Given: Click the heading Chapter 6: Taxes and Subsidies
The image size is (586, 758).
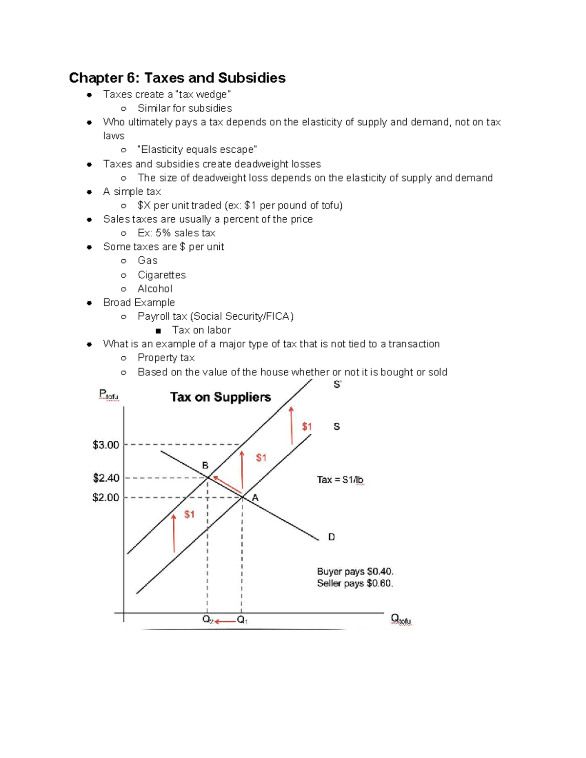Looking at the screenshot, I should coord(177,78).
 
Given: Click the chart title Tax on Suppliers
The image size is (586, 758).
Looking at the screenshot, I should coord(220,397).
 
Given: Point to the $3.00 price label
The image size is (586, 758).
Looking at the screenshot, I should coord(106,445).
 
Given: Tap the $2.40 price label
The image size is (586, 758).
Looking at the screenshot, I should coord(106,478).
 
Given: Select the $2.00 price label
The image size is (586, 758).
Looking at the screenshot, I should coord(106,498).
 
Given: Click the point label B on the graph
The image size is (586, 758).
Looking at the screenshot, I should coord(205,466).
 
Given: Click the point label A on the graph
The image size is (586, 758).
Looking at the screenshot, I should coord(255,498).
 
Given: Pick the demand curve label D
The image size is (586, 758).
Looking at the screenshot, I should coord(332,537).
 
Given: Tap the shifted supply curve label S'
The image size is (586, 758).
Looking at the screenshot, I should coord(337,385).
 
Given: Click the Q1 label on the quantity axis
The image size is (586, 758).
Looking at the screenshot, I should coord(242,620).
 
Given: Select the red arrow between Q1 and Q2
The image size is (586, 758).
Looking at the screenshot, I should coord(225,621).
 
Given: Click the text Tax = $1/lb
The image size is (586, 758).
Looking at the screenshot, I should coord(340,480).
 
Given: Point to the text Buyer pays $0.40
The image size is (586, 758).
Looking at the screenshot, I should coord(355,572).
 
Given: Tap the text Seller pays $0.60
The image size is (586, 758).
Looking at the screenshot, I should coord(355,584).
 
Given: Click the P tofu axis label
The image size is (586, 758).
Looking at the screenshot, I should coord(108,395).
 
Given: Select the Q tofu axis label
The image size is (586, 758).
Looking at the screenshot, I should coord(401,619).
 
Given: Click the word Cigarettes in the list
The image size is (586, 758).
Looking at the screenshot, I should coord(162,275).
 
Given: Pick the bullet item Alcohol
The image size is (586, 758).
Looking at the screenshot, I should coord(155,289).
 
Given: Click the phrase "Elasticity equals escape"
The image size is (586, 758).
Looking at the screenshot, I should coord(197,150).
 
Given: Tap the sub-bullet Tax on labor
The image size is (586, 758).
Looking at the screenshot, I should coord(201,330).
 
